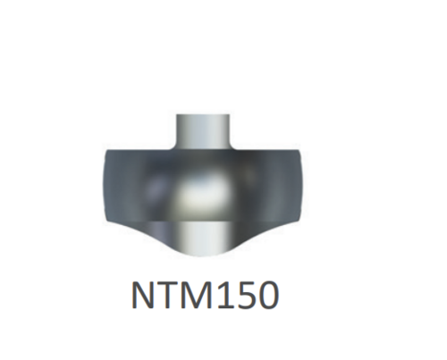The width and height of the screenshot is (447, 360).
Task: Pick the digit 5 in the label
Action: (244, 295)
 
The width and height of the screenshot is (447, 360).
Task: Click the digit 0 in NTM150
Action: (268, 295)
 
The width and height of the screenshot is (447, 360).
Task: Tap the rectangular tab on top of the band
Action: (203, 132)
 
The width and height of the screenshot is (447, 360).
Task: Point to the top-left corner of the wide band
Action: (106, 150)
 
